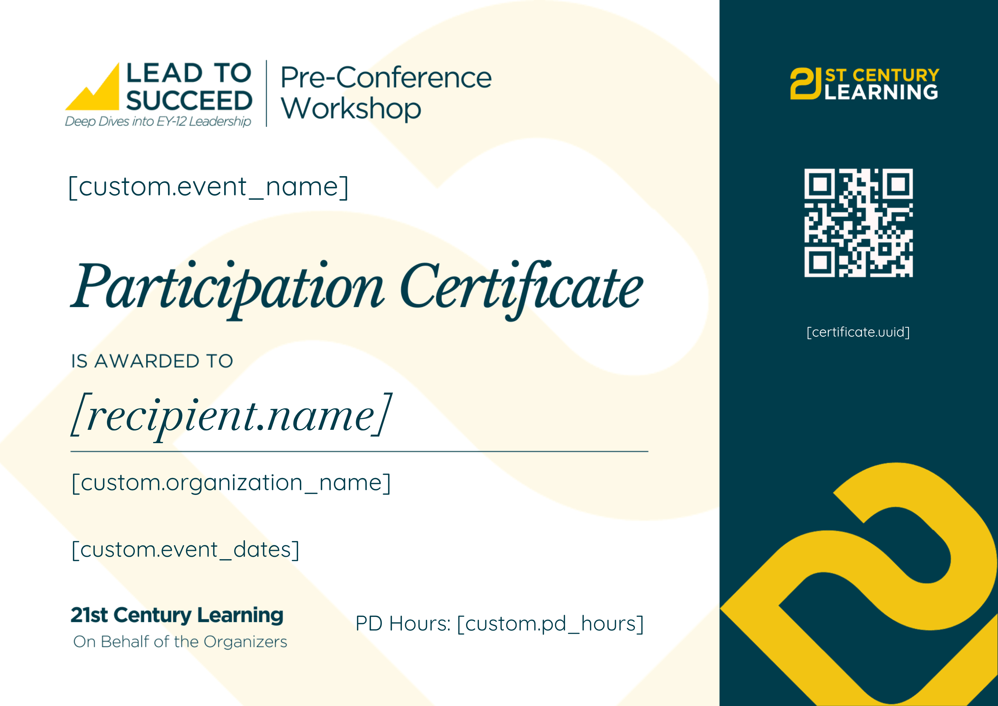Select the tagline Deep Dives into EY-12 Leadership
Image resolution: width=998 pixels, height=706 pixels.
coord(158,121)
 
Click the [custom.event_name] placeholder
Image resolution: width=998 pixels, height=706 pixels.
coord(209,187)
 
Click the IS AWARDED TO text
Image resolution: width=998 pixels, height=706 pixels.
coord(152,361)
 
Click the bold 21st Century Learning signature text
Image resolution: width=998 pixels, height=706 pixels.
coord(177,615)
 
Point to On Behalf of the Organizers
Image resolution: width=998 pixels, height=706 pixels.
coord(180,642)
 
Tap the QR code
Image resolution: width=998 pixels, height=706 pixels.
coord(858,223)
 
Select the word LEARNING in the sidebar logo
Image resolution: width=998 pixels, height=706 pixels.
coord(881,92)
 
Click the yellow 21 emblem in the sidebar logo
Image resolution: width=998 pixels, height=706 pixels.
coord(805,83)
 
